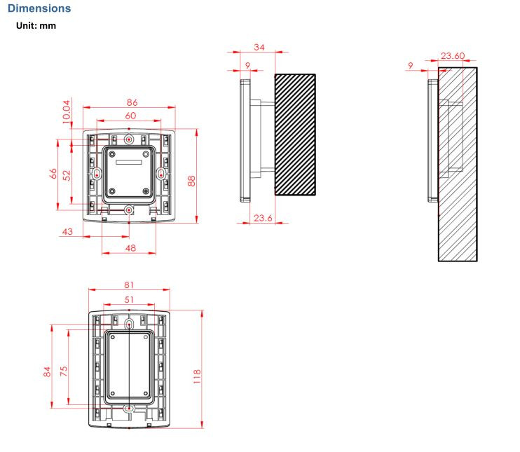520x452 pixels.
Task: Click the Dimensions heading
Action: (39, 8)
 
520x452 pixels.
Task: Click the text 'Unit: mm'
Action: (36, 25)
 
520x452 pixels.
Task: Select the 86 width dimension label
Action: (132, 102)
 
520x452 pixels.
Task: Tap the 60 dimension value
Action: (130, 116)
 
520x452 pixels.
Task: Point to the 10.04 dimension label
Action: (67, 111)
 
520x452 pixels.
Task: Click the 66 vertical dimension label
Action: (53, 174)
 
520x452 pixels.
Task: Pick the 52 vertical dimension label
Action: (67, 175)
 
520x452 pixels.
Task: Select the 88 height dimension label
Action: (191, 181)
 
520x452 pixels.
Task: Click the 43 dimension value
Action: (67, 231)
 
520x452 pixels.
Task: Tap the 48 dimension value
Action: (130, 248)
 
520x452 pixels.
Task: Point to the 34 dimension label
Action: (259, 48)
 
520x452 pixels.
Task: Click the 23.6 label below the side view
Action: (263, 218)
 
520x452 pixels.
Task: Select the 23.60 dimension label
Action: (453, 56)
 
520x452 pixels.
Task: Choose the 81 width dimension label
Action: (129, 285)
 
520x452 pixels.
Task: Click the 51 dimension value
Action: (129, 300)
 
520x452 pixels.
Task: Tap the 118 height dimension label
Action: (197, 377)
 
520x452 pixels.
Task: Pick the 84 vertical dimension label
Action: (47, 371)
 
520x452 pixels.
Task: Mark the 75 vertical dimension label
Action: (63, 371)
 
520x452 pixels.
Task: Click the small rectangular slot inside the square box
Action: (129, 162)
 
